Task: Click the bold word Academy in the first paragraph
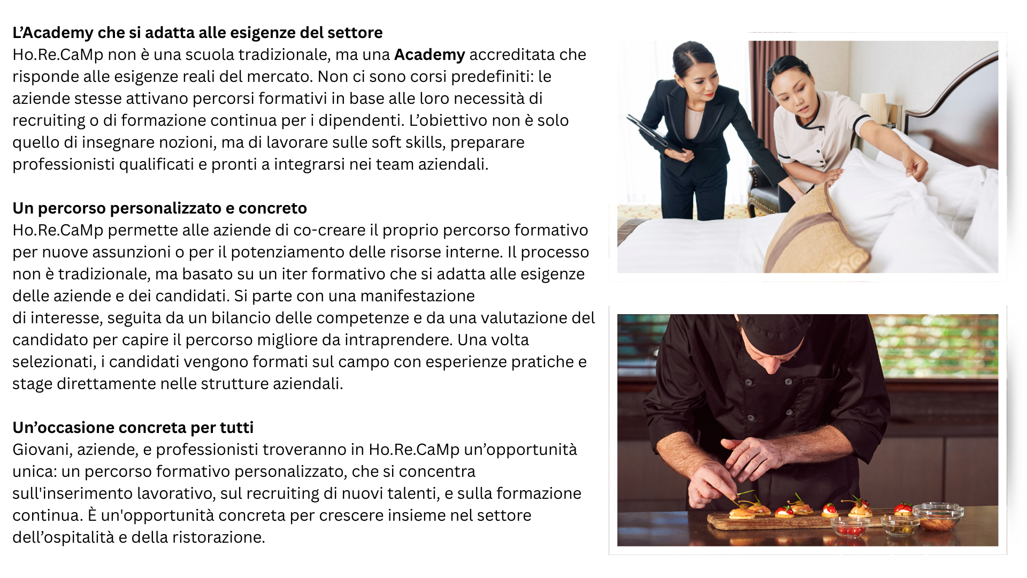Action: tap(430, 55)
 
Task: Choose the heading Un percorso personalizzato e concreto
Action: tap(159, 208)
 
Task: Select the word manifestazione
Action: tap(417, 296)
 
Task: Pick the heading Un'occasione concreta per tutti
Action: tap(133, 428)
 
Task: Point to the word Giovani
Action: tap(41, 450)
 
